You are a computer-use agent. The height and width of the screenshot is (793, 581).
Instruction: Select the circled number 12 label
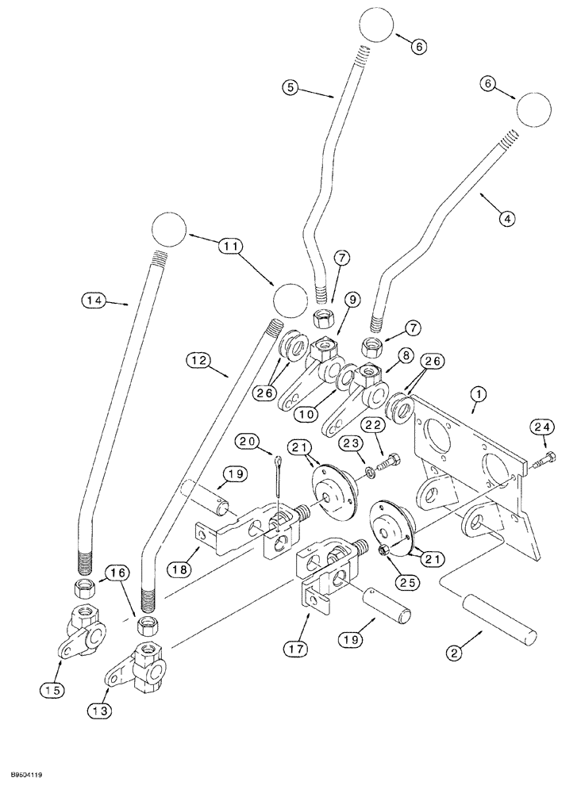(x=198, y=361)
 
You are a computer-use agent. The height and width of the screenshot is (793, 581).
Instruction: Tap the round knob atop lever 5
(x=377, y=25)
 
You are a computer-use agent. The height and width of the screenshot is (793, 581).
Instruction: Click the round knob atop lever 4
(x=534, y=108)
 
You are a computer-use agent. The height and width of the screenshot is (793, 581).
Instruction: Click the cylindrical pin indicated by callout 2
(x=502, y=619)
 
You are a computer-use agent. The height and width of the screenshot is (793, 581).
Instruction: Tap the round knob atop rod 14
(x=167, y=230)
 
